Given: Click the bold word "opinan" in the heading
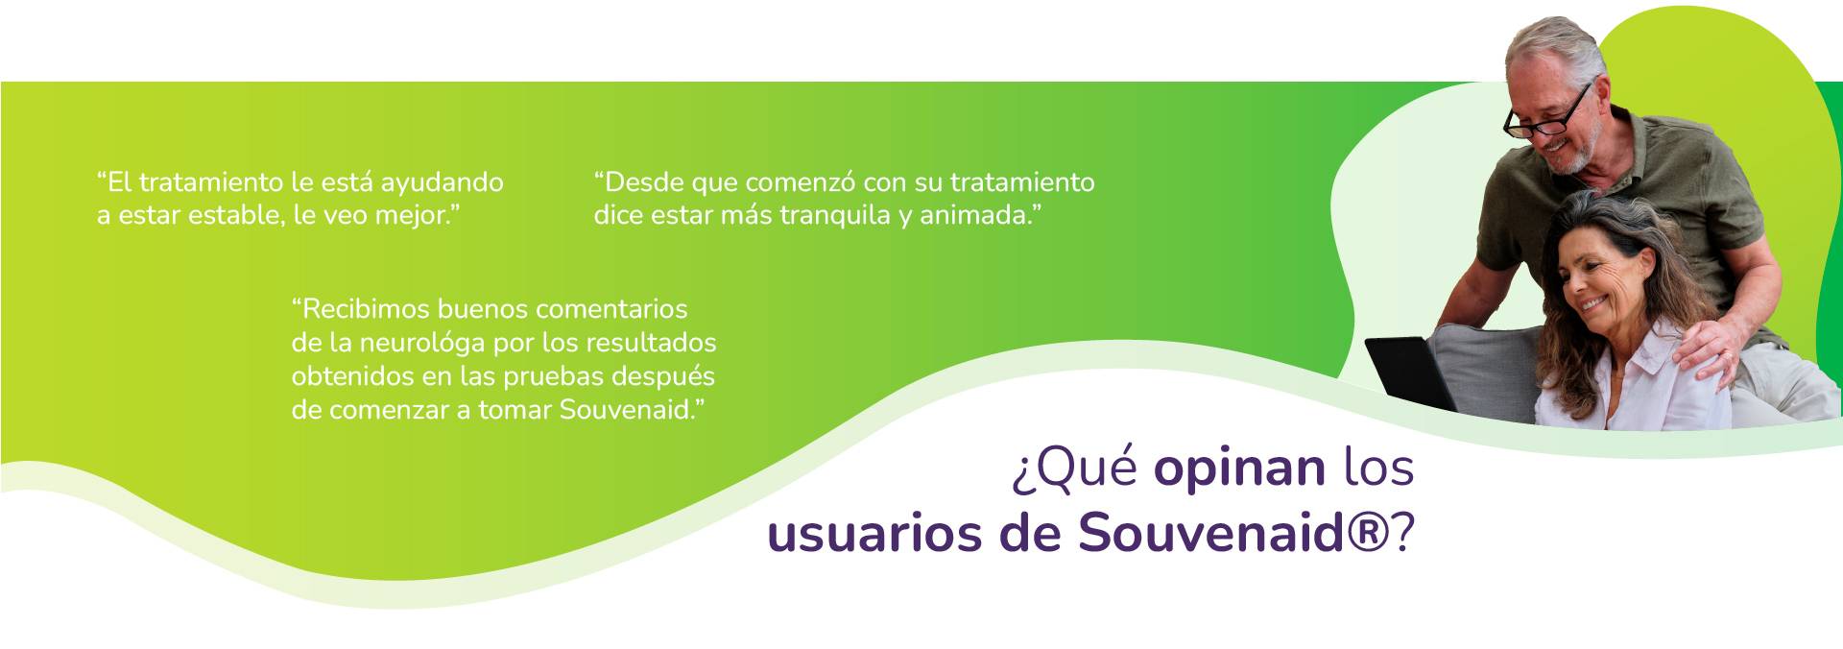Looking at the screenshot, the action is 1239,468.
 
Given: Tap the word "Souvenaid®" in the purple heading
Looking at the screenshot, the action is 1233,534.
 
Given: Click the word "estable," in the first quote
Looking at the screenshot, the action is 235,215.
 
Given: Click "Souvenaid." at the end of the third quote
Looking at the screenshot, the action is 627,410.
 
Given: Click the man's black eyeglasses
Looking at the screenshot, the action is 1548,114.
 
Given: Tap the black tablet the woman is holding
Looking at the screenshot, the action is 1409,373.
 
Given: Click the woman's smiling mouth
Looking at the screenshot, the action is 1593,304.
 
